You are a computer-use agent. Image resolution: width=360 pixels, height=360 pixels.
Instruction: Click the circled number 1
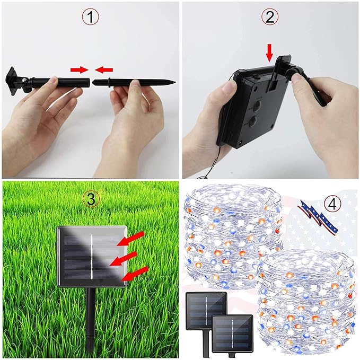click(91, 17)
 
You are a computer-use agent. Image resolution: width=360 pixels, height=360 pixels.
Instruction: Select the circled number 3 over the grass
click(91, 199)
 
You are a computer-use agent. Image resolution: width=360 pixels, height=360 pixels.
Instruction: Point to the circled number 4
click(332, 204)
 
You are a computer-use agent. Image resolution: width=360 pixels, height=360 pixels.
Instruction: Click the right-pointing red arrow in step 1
click(80, 69)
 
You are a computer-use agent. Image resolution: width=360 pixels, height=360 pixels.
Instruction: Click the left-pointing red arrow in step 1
click(104, 69)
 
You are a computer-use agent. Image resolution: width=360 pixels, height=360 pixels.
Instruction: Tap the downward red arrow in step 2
click(270, 53)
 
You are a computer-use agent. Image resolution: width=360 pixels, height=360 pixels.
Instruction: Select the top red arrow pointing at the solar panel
click(131, 239)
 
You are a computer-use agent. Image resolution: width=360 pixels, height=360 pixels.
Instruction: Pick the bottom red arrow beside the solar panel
click(135, 274)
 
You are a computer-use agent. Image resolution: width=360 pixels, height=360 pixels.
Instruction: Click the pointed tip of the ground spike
click(175, 82)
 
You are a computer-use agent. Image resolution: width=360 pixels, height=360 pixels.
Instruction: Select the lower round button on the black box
click(252, 120)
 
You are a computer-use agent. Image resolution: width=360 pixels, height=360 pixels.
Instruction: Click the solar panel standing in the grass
click(92, 257)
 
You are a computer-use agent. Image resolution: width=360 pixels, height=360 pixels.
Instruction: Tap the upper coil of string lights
click(233, 236)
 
